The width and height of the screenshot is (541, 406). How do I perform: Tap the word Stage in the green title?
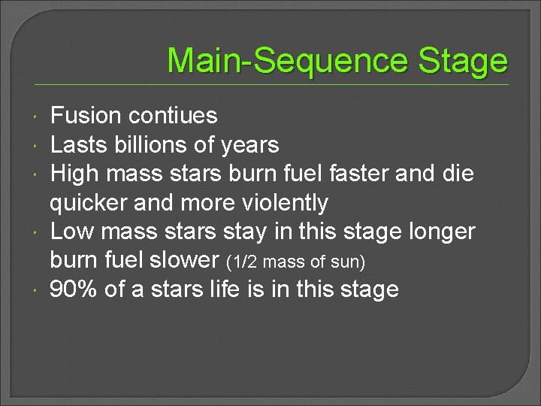click(464, 60)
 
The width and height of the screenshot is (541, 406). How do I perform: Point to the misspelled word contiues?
click(173, 116)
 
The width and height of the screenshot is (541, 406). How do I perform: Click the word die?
click(458, 174)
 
